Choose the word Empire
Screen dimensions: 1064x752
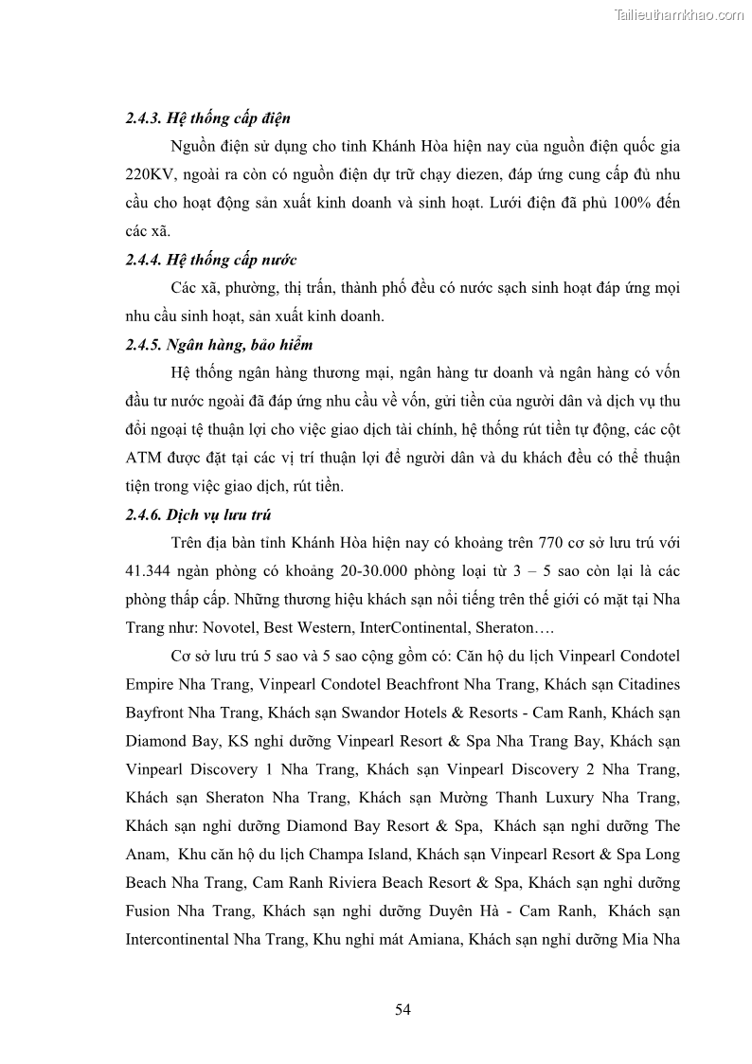tap(152, 683)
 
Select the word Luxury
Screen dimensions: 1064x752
tap(576, 797)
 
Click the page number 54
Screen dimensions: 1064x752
tap(403, 1009)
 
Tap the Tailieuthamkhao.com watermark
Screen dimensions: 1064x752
tap(679, 14)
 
